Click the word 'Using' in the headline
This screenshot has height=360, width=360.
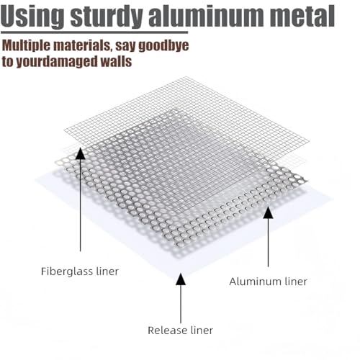pyautogui.click(x=32, y=16)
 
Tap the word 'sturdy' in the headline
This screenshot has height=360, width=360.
pyautogui.click(x=107, y=16)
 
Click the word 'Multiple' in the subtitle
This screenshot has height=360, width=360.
pyautogui.click(x=26, y=45)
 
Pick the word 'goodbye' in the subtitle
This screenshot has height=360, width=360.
pyautogui.click(x=164, y=45)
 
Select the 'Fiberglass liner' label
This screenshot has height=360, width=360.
pyautogui.click(x=80, y=271)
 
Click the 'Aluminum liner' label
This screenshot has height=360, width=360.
pyautogui.click(x=269, y=282)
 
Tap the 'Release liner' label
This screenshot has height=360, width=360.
pyautogui.click(x=180, y=330)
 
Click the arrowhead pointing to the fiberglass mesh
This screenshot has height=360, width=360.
pyautogui.click(x=80, y=153)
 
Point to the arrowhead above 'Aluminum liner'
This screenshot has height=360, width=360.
pyautogui.click(x=268, y=212)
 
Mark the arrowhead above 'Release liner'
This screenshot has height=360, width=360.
pyautogui.click(x=181, y=279)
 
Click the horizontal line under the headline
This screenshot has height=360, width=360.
pyautogui.click(x=94, y=32)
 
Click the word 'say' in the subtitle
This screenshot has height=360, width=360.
pyautogui.click(x=125, y=47)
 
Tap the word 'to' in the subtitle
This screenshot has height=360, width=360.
pyautogui.click(x=8, y=62)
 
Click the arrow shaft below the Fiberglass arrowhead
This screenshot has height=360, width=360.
pyautogui.click(x=80, y=205)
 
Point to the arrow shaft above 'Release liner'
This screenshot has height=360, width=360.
pyautogui.click(x=181, y=304)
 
